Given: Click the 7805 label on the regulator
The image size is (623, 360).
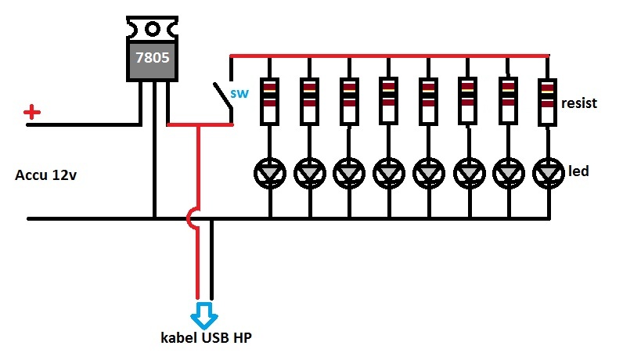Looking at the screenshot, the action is point(153,58).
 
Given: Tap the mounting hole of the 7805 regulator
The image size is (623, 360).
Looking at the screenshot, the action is point(153,29).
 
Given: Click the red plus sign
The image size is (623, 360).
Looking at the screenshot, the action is point(32,113).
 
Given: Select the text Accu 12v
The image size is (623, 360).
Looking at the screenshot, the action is point(45,175).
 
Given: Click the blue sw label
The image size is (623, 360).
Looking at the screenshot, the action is point(239,94).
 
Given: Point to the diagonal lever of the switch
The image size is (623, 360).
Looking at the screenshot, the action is point(222,95).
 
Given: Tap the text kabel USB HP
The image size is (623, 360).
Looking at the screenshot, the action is point(206,338).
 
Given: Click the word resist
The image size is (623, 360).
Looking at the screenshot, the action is point(579,103).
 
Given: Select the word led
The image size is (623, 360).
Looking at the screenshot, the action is point(578,171).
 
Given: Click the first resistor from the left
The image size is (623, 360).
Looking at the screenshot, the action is point(269,101).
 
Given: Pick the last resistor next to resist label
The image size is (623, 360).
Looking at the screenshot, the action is point(548,102).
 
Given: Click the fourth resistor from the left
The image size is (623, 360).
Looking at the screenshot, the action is point(388,101).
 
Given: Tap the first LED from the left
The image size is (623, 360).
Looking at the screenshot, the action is point(270,173).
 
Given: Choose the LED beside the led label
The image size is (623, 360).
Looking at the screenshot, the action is point(549,173).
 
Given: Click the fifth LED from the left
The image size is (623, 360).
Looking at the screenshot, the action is point(429,173).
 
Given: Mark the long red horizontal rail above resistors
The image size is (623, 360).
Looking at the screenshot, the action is point(390,56).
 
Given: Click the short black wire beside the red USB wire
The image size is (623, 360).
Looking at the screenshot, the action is point(211,259).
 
